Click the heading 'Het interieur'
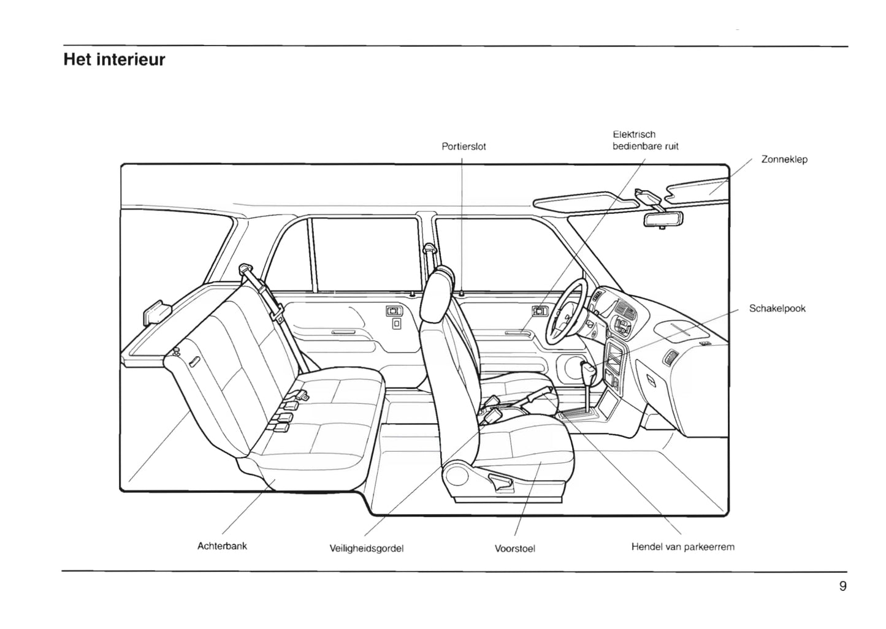pyautogui.click(x=114, y=60)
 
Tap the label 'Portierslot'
pyautogui.click(x=464, y=147)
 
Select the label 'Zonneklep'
pyautogui.click(x=784, y=159)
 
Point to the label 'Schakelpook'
pyautogui.click(x=777, y=308)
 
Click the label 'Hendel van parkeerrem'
pyautogui.click(x=682, y=547)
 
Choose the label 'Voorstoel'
pyautogui.click(x=514, y=549)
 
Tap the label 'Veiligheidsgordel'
pyautogui.click(x=366, y=549)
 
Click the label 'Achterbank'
pyautogui.click(x=222, y=546)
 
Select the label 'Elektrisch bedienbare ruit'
pyautogui.click(x=645, y=140)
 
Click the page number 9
pyautogui.click(x=842, y=586)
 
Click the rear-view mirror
pyautogui.click(x=663, y=218)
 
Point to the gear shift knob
pyautogui.click(x=588, y=371)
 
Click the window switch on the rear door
pyautogui.click(x=393, y=311)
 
